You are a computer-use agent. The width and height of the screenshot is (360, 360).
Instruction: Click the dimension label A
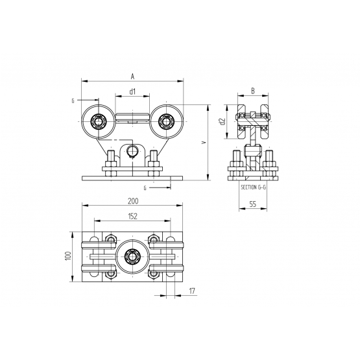pos(132,77)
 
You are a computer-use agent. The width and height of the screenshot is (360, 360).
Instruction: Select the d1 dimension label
pos(133,91)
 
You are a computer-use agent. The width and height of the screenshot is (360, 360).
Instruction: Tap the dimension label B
pos(253,91)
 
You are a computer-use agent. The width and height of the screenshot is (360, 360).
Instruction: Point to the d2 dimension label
pos(222,121)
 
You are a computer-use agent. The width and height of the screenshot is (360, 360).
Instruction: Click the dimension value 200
pos(133,201)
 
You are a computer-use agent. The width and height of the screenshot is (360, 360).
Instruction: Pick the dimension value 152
pos(133,216)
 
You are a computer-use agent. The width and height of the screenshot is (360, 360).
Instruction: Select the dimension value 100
pos(68,256)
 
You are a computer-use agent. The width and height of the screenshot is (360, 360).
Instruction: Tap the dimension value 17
pos(192,291)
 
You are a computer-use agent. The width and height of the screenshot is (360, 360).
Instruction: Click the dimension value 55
pos(252,204)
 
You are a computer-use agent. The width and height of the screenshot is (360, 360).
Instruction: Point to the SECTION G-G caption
pos(253,187)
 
